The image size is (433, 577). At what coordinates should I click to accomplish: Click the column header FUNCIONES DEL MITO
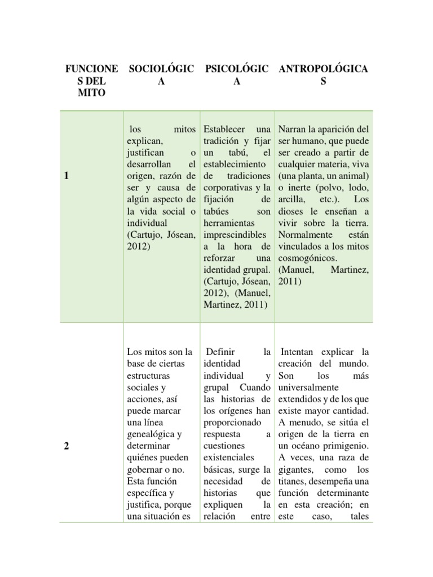(x=91, y=81)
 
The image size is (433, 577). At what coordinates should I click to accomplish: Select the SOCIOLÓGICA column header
(x=162, y=76)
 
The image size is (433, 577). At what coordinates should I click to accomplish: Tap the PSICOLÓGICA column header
(x=237, y=76)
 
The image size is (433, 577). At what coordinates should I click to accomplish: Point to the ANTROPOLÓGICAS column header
(x=323, y=76)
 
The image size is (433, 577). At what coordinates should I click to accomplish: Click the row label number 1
(x=67, y=176)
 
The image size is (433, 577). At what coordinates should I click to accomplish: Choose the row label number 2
(x=67, y=446)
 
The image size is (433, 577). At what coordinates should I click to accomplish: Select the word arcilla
(x=291, y=200)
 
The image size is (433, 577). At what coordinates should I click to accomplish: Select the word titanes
(x=294, y=481)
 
